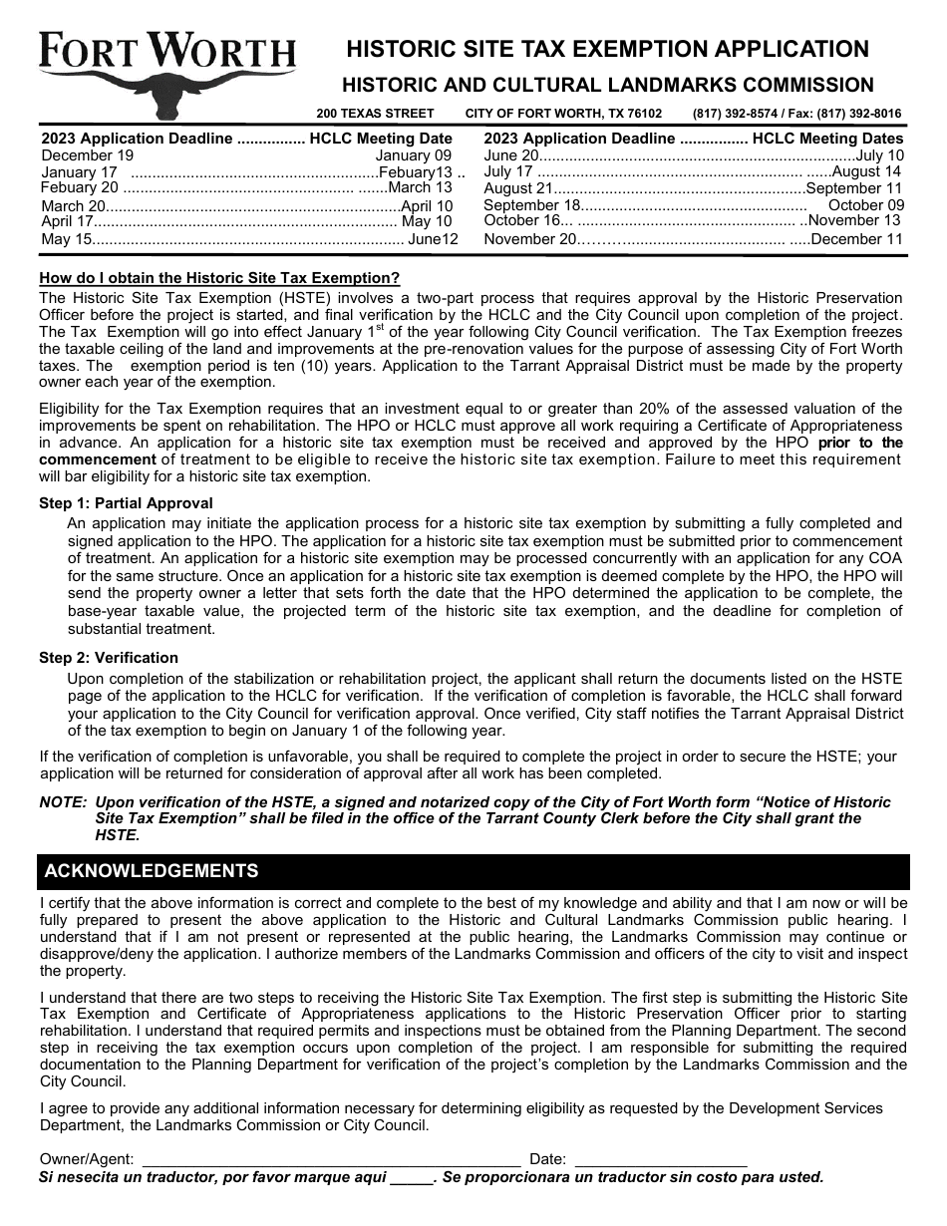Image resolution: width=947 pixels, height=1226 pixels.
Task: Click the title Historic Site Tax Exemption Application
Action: [x=607, y=49]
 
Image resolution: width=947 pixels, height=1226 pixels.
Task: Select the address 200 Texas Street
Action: [x=376, y=114]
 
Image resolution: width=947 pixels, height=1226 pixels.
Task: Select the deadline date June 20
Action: [x=511, y=155]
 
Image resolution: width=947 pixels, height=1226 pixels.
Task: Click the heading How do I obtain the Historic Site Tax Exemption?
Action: [x=219, y=278]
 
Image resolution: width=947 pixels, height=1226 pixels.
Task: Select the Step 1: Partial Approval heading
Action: [x=126, y=503]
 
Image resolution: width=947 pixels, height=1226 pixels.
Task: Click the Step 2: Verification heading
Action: [x=109, y=658]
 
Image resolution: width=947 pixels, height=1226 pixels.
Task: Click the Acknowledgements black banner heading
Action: [x=152, y=871]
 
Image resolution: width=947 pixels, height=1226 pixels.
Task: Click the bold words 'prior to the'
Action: [x=860, y=443]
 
